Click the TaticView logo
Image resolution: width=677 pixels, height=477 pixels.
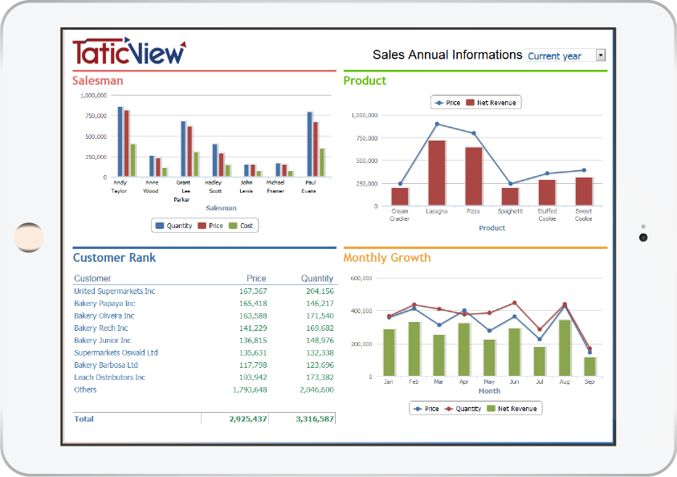(129, 51)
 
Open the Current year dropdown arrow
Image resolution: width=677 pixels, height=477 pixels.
(601, 55)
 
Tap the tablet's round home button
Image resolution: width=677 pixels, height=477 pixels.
(29, 238)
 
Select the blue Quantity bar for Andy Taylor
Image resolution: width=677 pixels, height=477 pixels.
(120, 141)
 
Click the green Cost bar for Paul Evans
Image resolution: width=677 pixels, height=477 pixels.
(322, 162)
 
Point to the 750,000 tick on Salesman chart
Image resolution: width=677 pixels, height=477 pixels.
(96, 116)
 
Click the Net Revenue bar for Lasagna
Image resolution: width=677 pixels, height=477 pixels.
(437, 173)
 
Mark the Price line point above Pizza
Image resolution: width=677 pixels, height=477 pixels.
(474, 133)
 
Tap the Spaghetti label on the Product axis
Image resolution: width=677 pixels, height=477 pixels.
(510, 211)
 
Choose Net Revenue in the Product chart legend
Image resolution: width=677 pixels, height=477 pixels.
(491, 103)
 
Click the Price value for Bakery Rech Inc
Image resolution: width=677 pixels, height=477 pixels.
(253, 328)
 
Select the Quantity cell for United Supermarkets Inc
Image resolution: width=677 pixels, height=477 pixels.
(320, 291)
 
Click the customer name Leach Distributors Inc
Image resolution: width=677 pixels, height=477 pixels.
(110, 377)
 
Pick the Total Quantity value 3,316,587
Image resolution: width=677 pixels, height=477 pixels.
(315, 418)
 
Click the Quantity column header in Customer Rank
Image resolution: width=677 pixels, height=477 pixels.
(317, 279)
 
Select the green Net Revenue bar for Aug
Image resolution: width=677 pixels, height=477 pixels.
(565, 348)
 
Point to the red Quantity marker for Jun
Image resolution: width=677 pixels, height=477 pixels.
(514, 303)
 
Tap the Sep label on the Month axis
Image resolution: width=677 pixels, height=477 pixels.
(589, 381)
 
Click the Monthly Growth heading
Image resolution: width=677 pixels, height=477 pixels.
(387, 258)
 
